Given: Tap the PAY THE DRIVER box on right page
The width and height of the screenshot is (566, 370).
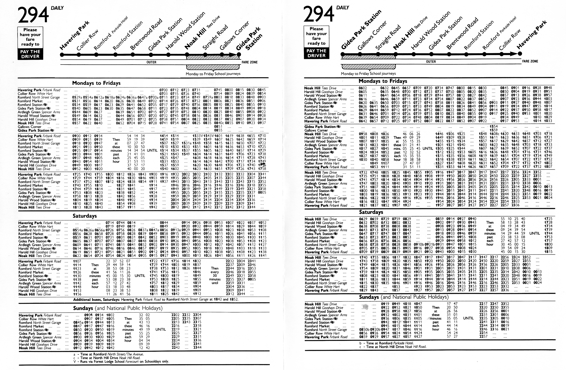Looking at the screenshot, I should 316,53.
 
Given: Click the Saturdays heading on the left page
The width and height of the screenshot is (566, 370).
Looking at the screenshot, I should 85,216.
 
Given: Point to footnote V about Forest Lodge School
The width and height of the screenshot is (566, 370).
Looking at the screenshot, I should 121,362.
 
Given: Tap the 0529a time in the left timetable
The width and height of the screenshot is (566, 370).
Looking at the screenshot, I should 77,97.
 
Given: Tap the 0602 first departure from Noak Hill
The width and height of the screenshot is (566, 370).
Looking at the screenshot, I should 363,88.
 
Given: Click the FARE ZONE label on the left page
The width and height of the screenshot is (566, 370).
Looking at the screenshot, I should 249,62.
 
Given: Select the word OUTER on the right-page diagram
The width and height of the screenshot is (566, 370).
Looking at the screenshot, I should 431,61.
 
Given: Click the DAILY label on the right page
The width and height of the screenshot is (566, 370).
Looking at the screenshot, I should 342,8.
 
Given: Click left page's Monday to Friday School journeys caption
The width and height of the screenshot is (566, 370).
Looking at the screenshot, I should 213,74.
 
